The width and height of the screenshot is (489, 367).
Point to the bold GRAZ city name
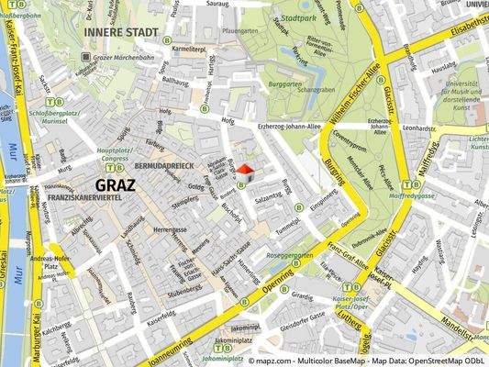point(115,184)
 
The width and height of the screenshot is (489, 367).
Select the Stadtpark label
point(300,18)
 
